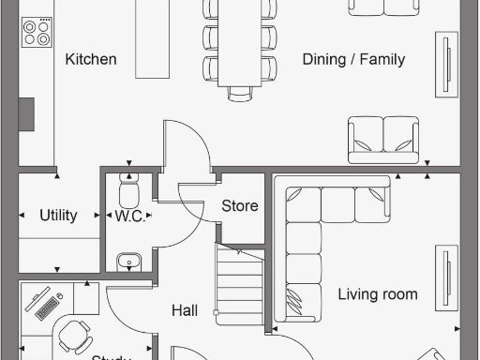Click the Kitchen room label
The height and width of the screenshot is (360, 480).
click(x=91, y=59)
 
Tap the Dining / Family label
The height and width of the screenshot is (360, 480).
click(x=353, y=59)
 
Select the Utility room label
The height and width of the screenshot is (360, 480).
click(x=58, y=216)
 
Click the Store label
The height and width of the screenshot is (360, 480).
click(x=239, y=206)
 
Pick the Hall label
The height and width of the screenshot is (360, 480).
click(x=185, y=310)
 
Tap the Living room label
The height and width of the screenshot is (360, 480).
click(x=377, y=294)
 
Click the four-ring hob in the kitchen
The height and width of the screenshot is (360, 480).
click(x=37, y=33)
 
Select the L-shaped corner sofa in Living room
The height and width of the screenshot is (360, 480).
click(x=319, y=234)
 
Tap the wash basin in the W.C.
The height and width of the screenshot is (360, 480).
click(x=127, y=260)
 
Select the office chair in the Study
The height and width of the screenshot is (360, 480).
click(x=75, y=333)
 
